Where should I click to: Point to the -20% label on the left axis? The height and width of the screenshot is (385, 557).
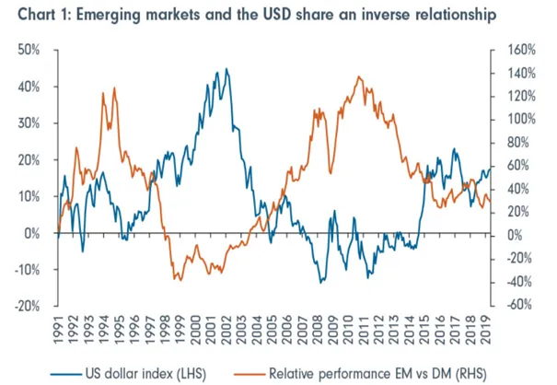[27, 306]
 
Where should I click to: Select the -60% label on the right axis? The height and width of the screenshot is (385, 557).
[518, 305]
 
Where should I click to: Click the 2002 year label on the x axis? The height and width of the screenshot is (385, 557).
[226, 330]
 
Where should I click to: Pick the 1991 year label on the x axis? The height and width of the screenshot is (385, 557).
[58, 330]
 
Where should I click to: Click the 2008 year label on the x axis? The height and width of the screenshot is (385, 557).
[318, 330]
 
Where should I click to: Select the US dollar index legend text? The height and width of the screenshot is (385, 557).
[145, 374]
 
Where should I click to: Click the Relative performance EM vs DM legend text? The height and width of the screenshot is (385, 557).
[377, 374]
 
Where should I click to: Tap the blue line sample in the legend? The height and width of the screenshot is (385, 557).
[66, 374]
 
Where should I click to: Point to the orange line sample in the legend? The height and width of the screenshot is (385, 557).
[249, 374]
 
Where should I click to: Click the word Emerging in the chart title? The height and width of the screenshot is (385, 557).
[105, 16]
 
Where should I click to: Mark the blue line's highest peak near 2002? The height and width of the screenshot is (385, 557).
[226, 68]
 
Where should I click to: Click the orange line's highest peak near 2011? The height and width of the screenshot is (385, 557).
[359, 76]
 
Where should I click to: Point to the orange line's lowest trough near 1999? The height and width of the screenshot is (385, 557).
[180, 281]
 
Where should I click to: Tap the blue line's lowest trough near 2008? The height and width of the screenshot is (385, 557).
[320, 283]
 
